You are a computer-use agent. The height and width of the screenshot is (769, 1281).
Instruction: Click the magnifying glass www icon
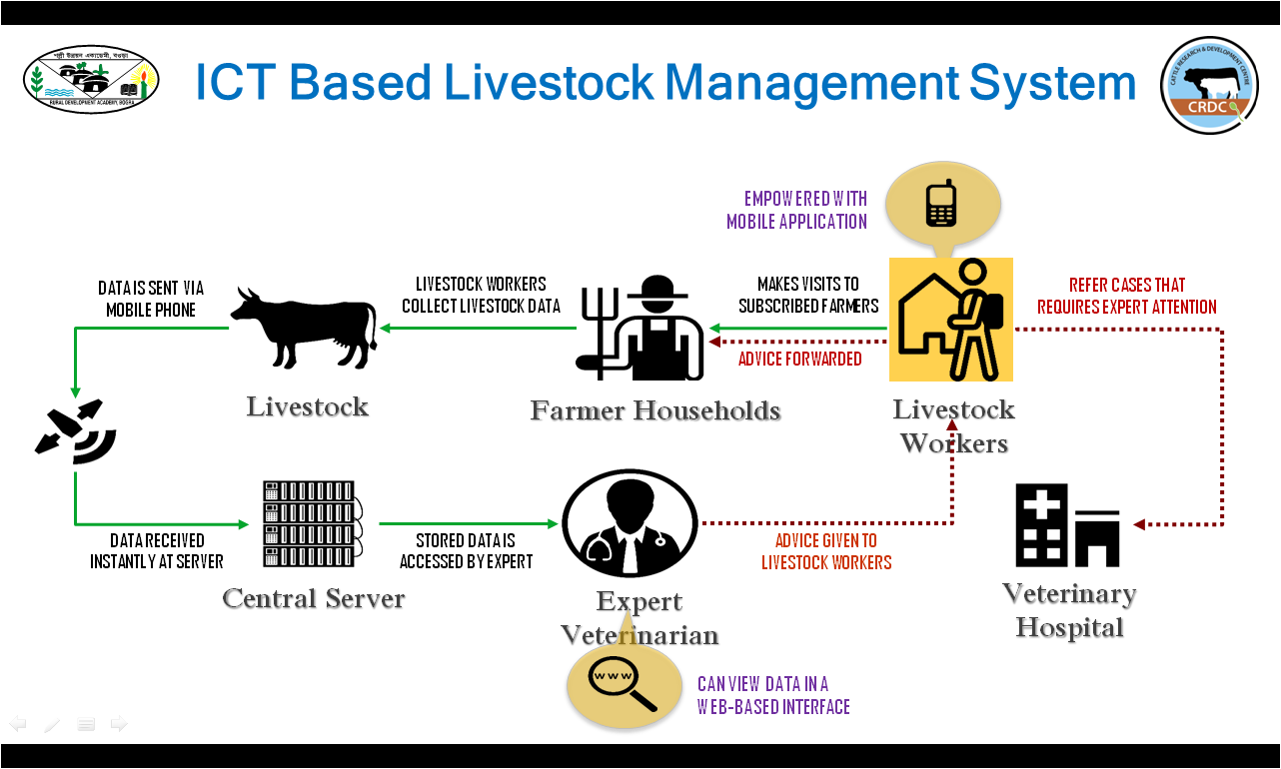pos(613,684)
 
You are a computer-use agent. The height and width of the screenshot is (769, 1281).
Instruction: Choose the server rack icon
pos(312,524)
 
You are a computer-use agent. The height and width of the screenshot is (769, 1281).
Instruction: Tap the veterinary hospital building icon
pos(1067,525)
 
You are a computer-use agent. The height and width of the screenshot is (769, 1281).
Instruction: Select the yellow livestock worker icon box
pos(951,320)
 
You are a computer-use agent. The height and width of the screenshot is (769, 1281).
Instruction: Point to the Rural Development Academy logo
pos(91,79)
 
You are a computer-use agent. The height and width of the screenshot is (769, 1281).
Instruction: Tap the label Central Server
pos(313,598)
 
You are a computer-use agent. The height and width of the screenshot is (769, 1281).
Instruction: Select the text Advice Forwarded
pos(799,359)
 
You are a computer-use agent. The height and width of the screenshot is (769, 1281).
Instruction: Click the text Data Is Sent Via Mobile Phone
pos(151,299)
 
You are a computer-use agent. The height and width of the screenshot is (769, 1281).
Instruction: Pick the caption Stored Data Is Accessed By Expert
pos(467,550)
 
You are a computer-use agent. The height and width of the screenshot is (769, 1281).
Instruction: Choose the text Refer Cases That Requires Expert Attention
pos(1126,297)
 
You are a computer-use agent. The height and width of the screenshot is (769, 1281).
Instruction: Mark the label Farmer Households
pos(655,410)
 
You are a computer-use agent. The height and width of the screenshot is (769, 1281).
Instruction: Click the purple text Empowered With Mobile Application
pos(796,210)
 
